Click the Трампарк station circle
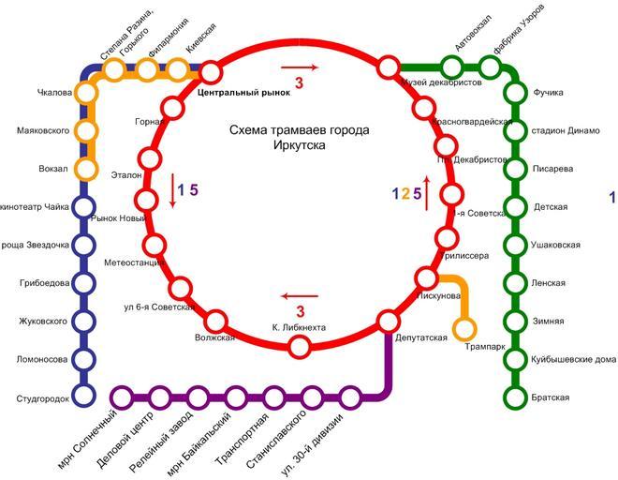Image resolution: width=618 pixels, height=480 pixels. point(463,329)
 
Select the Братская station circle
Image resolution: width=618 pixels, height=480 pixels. point(514,397)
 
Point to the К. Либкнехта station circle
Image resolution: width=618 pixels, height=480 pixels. point(300,347)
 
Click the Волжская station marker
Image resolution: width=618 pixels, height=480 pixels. point(216,321)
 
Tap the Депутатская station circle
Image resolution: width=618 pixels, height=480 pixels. point(389,322)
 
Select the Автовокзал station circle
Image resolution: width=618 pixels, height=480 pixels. point(452,67)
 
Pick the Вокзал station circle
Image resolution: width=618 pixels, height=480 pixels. point(86,170)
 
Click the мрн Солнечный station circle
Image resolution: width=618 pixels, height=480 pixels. point(120,397)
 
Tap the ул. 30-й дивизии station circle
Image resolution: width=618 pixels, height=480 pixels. point(350,397)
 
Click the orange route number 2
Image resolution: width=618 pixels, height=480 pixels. point(405,195)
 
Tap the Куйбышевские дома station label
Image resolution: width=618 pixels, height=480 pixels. point(573,359)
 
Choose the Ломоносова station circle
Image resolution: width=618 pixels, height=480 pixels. point(85,359)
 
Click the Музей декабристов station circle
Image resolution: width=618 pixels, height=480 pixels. point(389,67)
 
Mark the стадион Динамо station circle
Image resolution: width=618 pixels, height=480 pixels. point(514,130)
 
